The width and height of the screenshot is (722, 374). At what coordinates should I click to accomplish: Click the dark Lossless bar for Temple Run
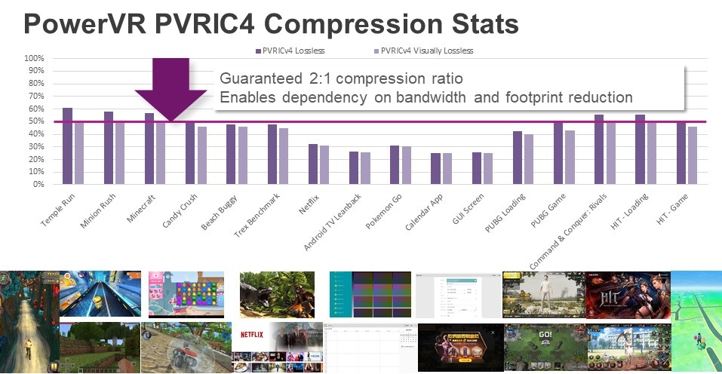(x=67, y=146)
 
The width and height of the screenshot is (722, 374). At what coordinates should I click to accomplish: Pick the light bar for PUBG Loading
(x=528, y=160)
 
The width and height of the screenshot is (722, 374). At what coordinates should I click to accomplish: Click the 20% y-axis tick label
(x=35, y=159)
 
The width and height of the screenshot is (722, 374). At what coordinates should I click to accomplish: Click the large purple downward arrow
(x=171, y=87)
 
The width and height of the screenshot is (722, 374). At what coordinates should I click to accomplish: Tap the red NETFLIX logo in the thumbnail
(x=253, y=334)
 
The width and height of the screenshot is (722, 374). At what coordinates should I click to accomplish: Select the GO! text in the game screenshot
(x=545, y=334)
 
